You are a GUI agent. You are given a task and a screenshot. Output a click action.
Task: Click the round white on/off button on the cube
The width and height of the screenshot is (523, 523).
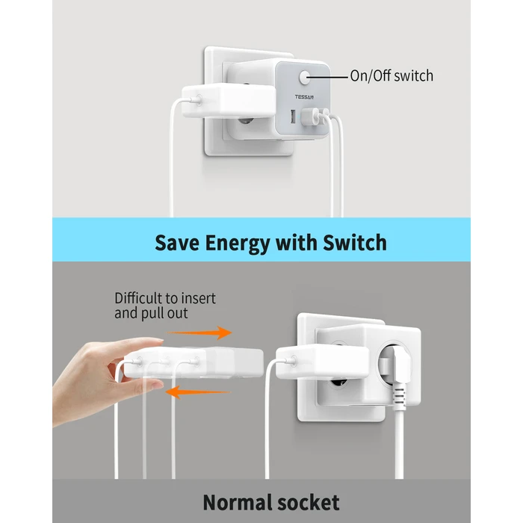(306, 77)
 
